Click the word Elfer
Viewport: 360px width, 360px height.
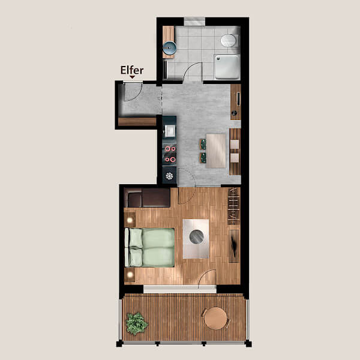132,70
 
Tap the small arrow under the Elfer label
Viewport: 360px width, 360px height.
132,77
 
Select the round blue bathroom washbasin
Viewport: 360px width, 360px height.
169,48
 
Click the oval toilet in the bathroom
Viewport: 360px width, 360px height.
229,41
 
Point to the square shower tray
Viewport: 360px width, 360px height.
227,67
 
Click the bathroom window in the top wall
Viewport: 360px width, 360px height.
194,22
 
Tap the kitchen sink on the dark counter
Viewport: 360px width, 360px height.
169,131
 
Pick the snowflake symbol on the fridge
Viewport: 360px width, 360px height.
169,176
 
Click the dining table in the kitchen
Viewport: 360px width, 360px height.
216,151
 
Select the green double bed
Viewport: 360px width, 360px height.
149,247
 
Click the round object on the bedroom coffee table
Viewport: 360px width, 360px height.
197,237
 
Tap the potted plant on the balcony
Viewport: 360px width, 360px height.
137,323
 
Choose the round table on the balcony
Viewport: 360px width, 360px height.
215,319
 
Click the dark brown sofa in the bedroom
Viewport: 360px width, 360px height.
147,197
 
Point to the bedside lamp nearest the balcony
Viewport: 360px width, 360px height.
130,274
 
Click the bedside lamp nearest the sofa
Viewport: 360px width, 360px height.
130,220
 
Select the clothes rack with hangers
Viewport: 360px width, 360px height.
234,206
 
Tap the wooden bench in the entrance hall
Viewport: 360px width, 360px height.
137,121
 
